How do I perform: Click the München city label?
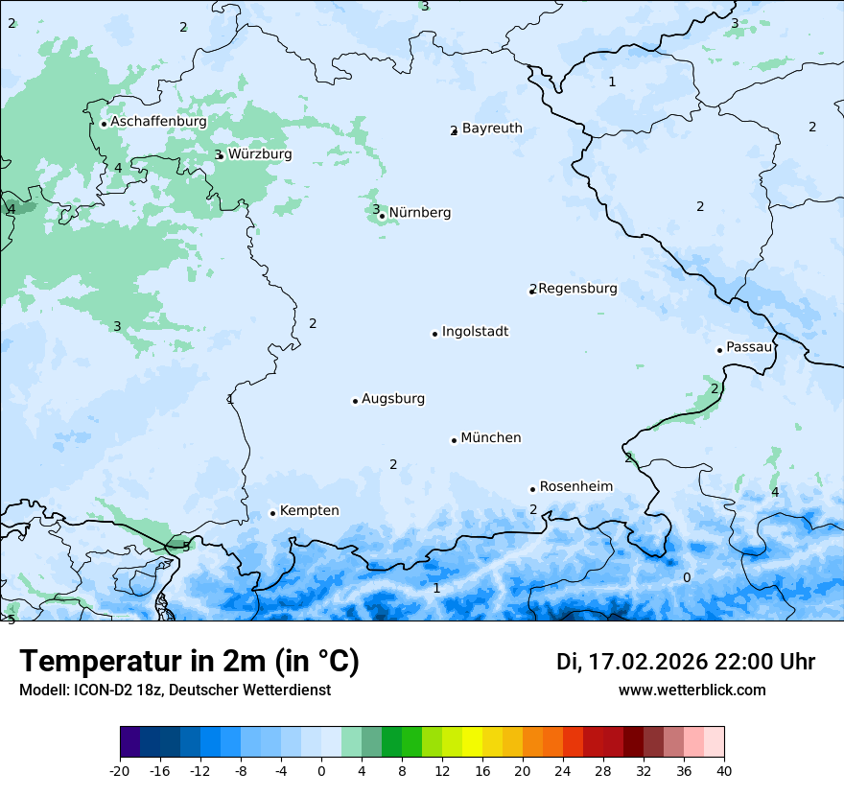(x=491, y=438)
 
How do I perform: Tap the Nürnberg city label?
(x=419, y=213)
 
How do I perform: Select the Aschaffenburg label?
(x=158, y=122)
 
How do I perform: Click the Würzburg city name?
(x=260, y=154)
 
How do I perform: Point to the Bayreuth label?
(x=492, y=129)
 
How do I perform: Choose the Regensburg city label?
(x=577, y=289)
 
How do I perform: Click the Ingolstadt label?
(x=475, y=332)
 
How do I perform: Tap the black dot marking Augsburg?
(x=355, y=401)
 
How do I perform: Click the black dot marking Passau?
(x=719, y=350)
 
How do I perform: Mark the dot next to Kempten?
(x=272, y=513)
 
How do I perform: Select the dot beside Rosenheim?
(x=532, y=489)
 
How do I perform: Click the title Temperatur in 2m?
(x=189, y=662)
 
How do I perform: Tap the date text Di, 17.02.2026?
(x=631, y=662)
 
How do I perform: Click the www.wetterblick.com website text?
(x=692, y=690)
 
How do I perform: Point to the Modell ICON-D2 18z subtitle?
(x=175, y=690)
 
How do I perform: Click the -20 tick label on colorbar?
(x=120, y=770)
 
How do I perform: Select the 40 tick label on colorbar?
(x=724, y=770)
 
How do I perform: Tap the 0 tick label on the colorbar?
(x=321, y=770)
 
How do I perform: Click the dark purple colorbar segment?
(x=130, y=742)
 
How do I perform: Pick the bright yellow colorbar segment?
(x=473, y=742)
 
